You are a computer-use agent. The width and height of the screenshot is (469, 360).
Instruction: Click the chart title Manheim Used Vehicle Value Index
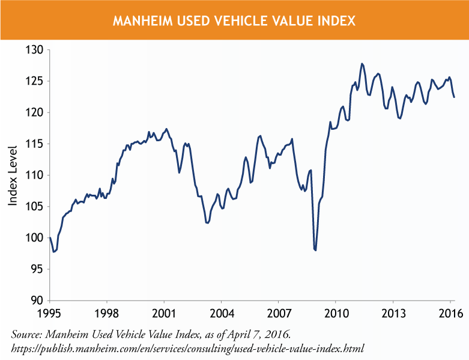(234, 21)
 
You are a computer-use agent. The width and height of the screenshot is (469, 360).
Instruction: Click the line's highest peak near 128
(362, 63)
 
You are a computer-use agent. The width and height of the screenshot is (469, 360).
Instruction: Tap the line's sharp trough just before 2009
(315, 250)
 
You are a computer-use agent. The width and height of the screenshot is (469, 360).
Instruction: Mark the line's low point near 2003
(207, 223)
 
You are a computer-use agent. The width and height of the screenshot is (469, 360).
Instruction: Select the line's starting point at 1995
(50, 238)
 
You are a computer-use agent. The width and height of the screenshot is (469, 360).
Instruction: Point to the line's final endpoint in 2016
(454, 97)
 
